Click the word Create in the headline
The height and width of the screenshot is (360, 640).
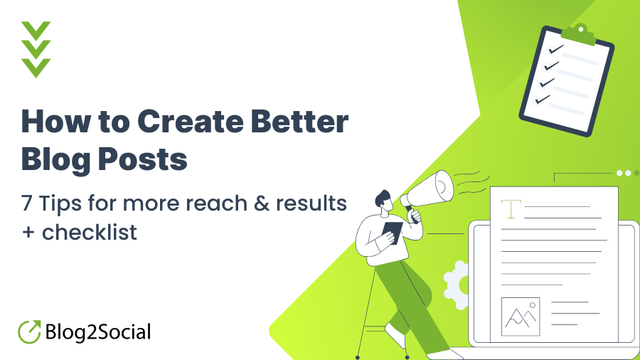pos(191,121)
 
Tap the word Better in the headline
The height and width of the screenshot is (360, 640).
pos(300,121)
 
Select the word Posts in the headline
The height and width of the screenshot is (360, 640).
pos(142,159)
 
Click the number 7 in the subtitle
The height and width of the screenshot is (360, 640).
pos(27,203)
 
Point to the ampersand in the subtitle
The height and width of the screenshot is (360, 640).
pos(261,203)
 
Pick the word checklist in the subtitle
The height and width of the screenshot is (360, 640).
pos(89,232)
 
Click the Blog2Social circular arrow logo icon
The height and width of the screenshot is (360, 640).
pos(29,331)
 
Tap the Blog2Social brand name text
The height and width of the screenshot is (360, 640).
pos(98,332)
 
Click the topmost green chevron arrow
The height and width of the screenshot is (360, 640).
pos(36,30)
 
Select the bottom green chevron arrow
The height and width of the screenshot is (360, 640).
pos(36,67)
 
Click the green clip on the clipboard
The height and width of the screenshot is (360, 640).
pos(579,35)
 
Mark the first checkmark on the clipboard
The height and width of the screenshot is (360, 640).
pos(556,49)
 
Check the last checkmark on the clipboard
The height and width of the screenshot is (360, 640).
pos(542,99)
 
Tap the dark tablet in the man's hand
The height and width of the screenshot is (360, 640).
pos(392,233)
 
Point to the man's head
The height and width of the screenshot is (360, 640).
pos(384,201)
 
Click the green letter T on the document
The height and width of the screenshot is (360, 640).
pos(511,209)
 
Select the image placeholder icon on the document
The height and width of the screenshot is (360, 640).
pos(520,317)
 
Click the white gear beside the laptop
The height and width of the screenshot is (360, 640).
pos(457,285)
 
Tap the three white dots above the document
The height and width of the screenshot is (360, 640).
pos(628,173)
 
